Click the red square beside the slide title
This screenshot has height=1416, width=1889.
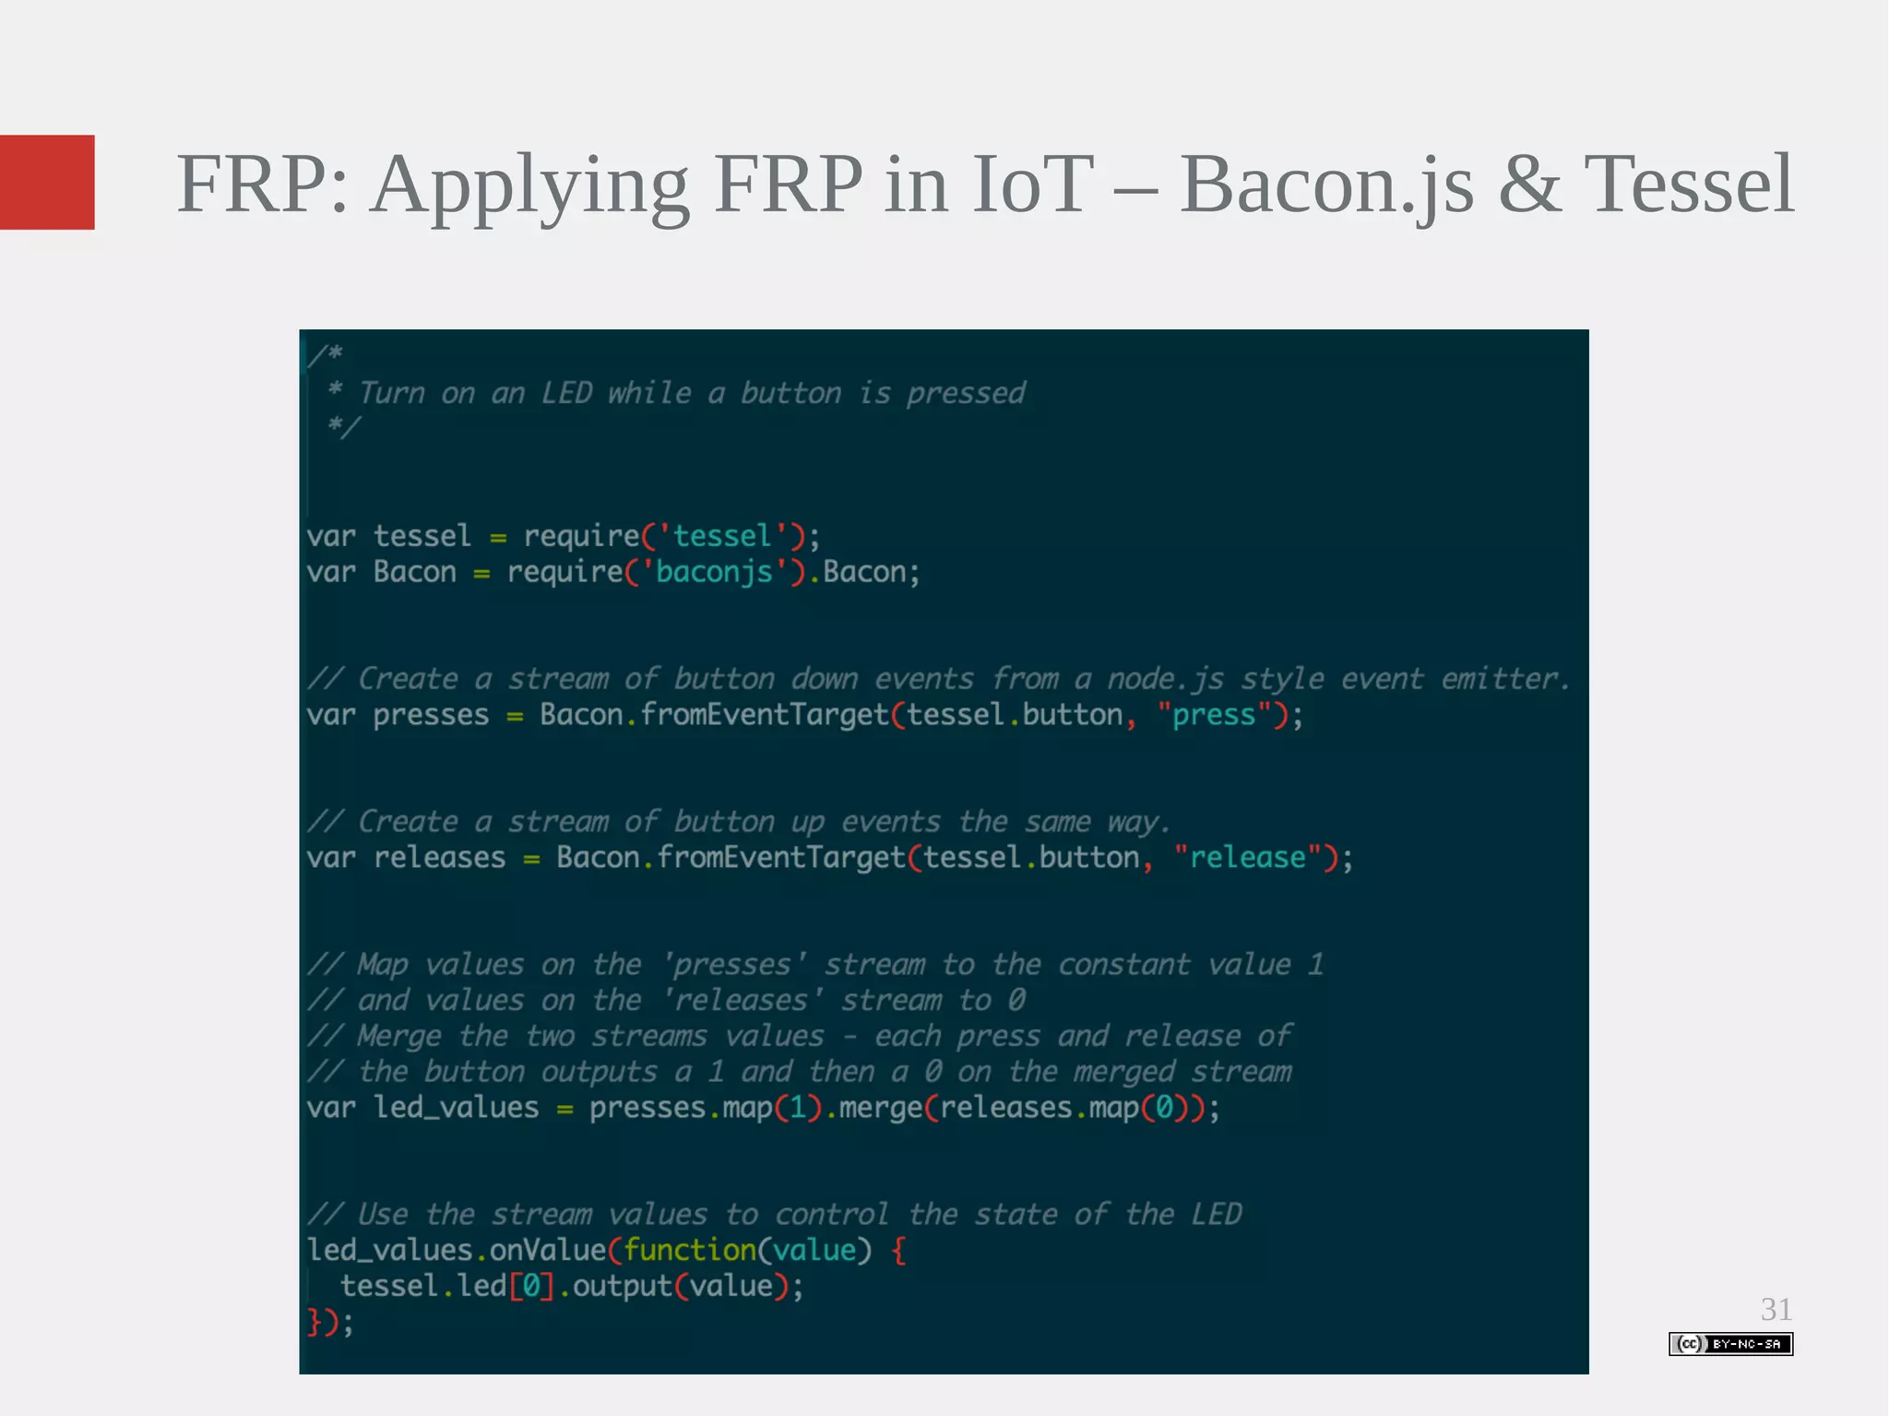tap(47, 182)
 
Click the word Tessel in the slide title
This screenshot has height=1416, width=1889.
tap(1689, 184)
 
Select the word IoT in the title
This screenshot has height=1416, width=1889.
tap(1032, 184)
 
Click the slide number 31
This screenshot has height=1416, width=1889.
tap(1776, 1309)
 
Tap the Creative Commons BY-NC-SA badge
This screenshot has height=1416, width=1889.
tap(1730, 1343)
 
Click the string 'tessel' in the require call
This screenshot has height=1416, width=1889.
tap(722, 536)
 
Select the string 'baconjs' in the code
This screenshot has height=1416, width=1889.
tap(714, 572)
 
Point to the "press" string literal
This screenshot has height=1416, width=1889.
tap(1214, 715)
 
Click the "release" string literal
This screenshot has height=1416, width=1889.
tap(1247, 858)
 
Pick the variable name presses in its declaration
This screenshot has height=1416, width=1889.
tap(431, 715)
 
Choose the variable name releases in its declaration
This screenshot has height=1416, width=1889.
tap(439, 858)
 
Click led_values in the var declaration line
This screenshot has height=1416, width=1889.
tap(456, 1107)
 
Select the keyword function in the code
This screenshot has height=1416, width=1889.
tap(690, 1250)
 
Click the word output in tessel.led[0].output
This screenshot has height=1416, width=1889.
tap(623, 1286)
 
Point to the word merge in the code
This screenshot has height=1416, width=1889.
tap(881, 1107)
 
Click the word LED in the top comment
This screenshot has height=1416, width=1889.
tap(566, 393)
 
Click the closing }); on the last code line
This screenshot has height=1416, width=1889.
tap(329, 1322)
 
